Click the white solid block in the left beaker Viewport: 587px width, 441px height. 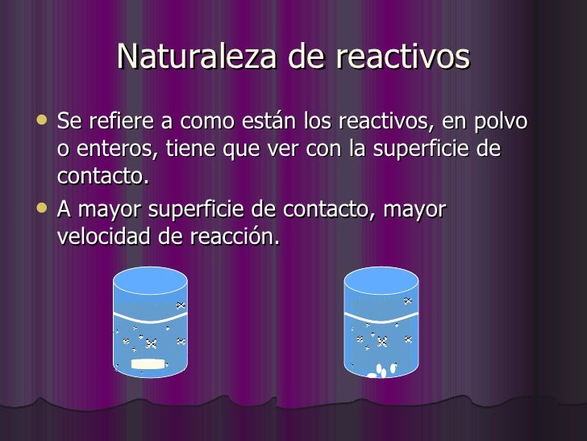pyautogui.click(x=148, y=364)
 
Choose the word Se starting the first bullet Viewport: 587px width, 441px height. pyautogui.click(x=69, y=122)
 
